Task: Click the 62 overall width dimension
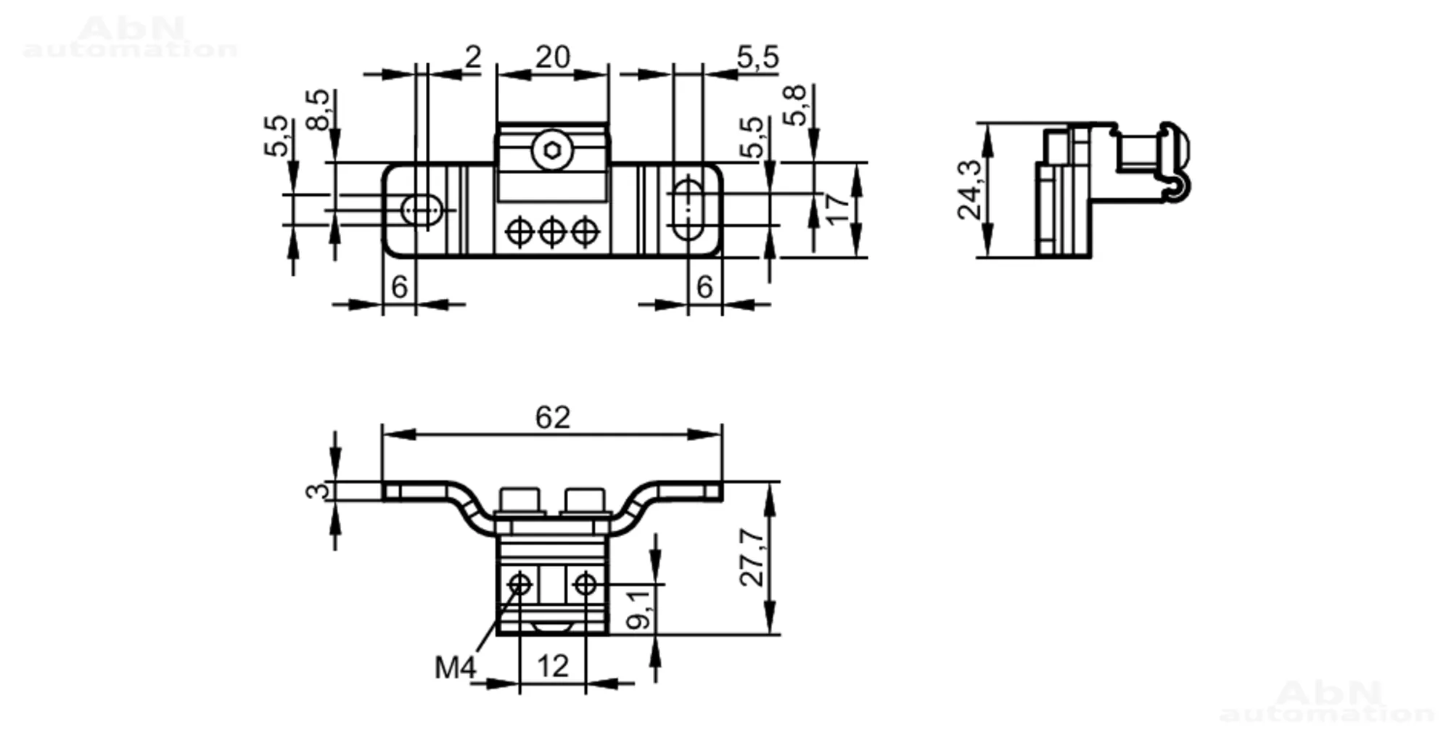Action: (553, 418)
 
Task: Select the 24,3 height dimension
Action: (970, 190)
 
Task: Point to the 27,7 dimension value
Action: (752, 557)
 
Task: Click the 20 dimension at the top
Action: (553, 57)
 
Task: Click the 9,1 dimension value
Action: (638, 609)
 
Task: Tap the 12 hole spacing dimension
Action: (553, 666)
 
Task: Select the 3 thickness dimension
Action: (316, 491)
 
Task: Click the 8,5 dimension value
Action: (318, 110)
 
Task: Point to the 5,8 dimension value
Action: (795, 106)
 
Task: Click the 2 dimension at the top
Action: (473, 57)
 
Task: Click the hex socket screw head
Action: (552, 151)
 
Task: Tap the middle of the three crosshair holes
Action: (552, 232)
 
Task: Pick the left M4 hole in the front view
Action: (520, 584)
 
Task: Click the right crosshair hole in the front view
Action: (585, 584)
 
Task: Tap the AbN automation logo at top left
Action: (131, 37)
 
